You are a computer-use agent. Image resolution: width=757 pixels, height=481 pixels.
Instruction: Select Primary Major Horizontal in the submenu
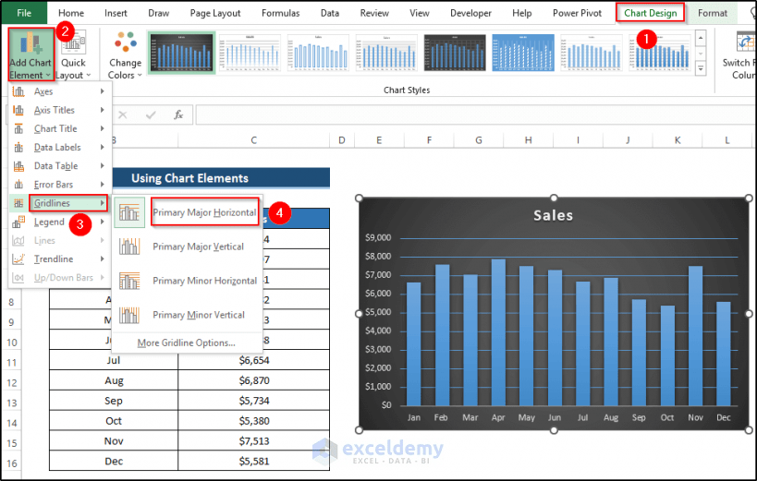pos(204,212)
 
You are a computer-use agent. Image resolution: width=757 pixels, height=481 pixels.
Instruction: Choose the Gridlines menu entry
pos(52,203)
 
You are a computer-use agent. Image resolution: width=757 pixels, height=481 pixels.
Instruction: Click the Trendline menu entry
pos(54,259)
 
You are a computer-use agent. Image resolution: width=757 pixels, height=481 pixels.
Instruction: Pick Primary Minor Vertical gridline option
pos(198,315)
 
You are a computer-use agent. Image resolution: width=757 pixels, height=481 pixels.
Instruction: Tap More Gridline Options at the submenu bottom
pos(186,343)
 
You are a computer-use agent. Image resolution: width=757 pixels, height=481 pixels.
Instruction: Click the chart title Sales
pos(553,215)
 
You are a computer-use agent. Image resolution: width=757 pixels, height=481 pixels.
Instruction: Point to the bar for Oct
pos(667,355)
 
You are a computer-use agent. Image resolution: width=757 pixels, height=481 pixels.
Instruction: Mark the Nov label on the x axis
pos(695,417)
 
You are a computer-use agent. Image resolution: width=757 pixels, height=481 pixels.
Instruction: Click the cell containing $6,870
pos(253,380)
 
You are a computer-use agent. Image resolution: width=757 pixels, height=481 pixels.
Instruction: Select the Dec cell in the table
pos(114,461)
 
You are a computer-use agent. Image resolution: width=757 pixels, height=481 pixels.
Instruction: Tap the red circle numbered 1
pos(648,40)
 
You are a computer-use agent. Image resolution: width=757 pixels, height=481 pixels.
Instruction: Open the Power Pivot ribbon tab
pos(578,13)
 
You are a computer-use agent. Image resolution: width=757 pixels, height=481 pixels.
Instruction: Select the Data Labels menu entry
pos(56,148)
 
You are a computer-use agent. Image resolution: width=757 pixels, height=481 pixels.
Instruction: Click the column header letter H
pos(528,140)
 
